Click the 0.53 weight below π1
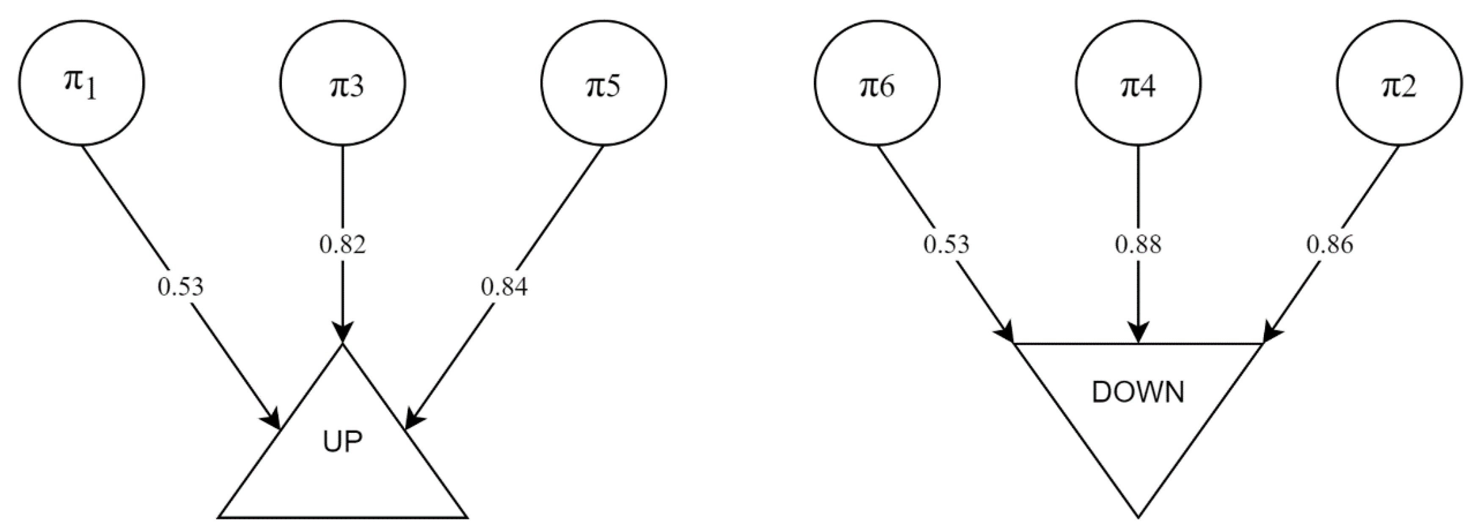pos(180,286)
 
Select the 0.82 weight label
pos(342,245)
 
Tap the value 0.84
pos(504,286)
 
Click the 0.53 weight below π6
pos(946,245)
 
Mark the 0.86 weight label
pos(1329,245)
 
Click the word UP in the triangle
pos(342,443)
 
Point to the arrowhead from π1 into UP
pos(273,419)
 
